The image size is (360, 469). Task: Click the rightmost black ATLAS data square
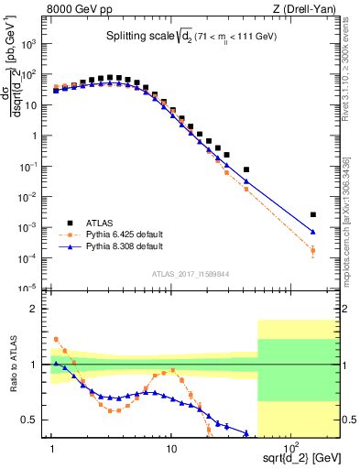coord(313,214)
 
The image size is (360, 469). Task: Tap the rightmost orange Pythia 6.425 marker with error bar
coord(313,250)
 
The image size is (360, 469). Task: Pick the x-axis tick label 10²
coord(289,446)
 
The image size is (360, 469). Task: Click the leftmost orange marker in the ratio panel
coord(56,339)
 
